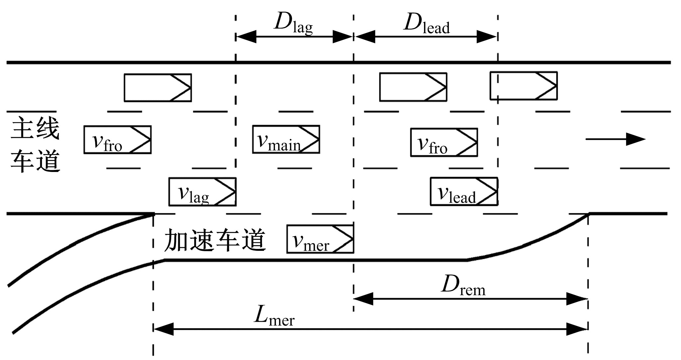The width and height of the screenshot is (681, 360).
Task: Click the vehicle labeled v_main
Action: [286, 139]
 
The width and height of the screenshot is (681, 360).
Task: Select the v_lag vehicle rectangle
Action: [202, 192]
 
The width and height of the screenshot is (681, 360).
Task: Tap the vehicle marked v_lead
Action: [464, 191]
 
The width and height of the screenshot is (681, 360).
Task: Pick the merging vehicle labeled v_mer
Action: [320, 239]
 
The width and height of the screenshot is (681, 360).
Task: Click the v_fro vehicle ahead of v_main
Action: [444, 142]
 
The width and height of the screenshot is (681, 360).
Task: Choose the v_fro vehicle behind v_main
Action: [117, 140]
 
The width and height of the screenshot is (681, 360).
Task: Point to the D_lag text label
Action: [293, 24]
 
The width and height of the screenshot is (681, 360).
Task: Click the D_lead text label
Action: [426, 24]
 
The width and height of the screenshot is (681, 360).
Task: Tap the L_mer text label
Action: [274, 316]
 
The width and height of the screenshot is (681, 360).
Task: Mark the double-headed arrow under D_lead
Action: [426, 37]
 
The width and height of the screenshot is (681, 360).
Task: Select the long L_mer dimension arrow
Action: [370, 329]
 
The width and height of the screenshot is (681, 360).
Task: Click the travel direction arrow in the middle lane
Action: [615, 139]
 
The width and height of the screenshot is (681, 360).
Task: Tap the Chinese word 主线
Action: [35, 129]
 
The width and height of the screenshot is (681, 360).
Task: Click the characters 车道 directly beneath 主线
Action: [35, 161]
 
